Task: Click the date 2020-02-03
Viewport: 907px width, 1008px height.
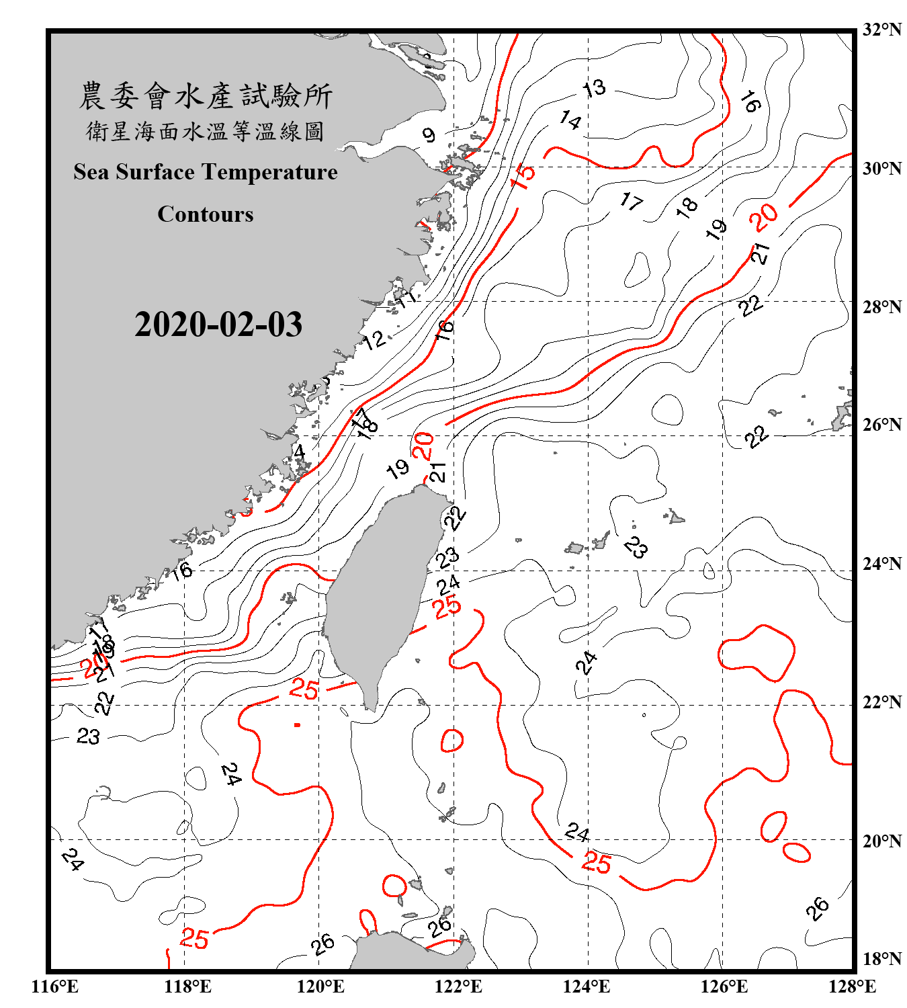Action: point(218,325)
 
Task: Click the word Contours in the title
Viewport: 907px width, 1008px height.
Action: point(206,214)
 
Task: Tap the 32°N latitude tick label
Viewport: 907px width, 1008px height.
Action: point(881,30)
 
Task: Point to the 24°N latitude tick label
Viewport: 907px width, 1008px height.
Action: point(881,564)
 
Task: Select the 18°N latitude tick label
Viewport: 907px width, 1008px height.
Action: point(881,959)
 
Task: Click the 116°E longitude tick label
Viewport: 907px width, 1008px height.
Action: point(54,986)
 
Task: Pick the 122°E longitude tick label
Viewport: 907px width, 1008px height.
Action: point(458,986)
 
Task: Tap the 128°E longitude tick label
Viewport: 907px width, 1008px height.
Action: point(852,986)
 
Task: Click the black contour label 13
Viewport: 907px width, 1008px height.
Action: point(594,88)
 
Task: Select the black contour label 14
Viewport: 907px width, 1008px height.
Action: point(570,120)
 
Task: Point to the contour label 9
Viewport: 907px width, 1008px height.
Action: point(429,135)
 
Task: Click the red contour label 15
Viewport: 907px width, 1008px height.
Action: point(523,175)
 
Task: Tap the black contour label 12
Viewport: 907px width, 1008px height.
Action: point(374,340)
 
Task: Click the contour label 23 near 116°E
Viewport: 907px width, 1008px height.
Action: point(88,737)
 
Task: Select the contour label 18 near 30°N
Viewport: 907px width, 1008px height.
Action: point(687,207)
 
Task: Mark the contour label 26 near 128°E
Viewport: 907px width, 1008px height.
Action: point(818,909)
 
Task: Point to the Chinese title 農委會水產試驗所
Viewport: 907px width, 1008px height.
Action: point(206,96)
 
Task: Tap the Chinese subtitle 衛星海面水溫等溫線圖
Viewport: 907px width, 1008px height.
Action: point(206,131)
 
